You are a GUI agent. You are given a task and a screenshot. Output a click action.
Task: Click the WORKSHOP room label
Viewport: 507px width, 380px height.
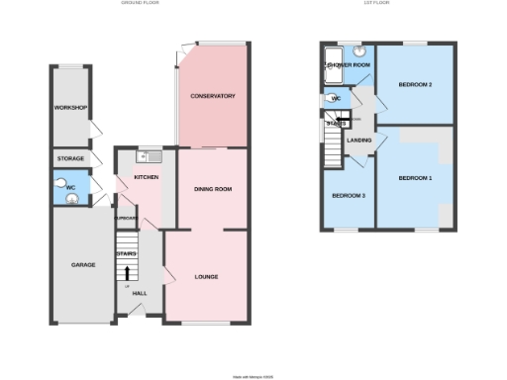[72, 107]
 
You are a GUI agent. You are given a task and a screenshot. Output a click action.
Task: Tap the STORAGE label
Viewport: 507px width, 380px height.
[70, 158]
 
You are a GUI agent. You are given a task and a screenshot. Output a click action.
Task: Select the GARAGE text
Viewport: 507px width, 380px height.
[82, 265]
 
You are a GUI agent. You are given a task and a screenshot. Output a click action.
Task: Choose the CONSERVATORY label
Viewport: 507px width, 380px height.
[212, 96]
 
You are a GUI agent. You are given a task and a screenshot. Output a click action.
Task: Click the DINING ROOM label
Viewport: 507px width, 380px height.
[212, 188]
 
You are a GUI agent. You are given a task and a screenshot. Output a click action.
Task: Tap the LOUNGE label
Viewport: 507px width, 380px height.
[206, 276]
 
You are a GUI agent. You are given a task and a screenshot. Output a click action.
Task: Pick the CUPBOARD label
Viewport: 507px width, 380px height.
[125, 218]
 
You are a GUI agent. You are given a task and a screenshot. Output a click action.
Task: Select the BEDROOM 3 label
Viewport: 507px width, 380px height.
[349, 195]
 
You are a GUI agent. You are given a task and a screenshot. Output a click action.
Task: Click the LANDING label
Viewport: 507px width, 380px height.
[358, 140]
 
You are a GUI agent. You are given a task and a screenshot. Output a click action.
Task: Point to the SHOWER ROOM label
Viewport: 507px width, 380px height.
[349, 65]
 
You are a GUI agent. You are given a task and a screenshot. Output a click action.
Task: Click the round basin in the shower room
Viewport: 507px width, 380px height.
[358, 51]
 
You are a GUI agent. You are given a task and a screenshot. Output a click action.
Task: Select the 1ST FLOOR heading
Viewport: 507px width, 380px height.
[374, 4]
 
